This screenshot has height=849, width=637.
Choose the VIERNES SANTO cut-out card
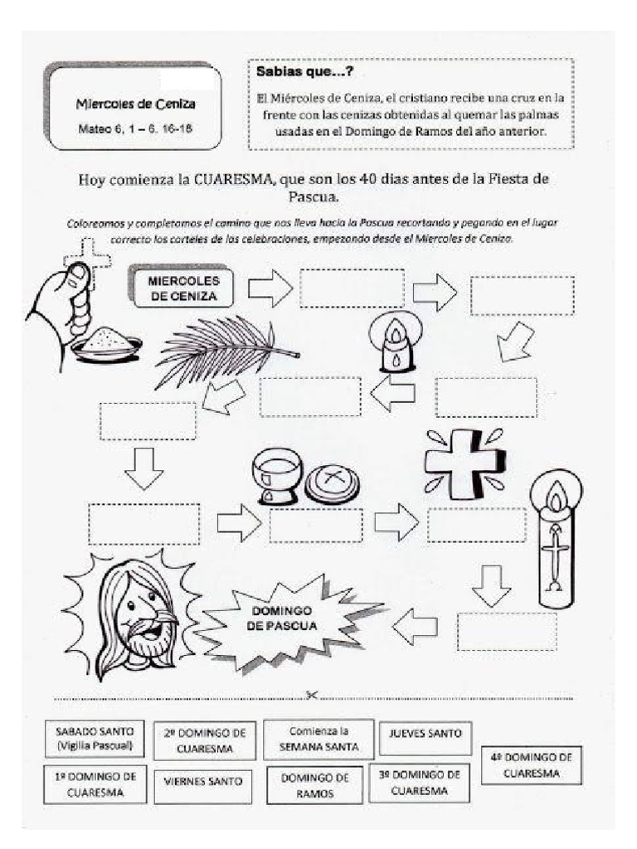[203, 781]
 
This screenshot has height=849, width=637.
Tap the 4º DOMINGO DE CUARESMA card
[531, 764]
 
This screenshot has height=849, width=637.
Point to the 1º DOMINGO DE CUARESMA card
[95, 784]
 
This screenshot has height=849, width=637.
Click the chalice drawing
[274, 477]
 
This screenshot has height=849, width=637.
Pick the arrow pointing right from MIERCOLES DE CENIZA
[270, 288]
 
